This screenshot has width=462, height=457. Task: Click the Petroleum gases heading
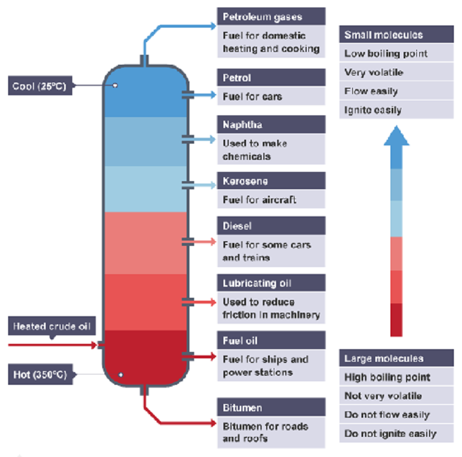click(271, 16)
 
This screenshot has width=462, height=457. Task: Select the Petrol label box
click(271, 78)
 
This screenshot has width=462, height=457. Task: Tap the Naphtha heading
click(271, 125)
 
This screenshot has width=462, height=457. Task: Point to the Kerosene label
click(271, 181)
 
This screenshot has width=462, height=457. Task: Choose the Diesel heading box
click(271, 226)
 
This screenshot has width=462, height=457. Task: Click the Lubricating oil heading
click(271, 283)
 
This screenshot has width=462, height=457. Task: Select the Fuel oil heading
click(271, 340)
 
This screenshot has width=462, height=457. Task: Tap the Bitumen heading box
click(271, 408)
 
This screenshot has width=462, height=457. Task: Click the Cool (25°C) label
click(40, 87)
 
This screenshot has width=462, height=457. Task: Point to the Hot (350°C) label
click(40, 375)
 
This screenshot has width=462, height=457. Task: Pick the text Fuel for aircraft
click(259, 200)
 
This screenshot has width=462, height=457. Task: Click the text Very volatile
click(374, 73)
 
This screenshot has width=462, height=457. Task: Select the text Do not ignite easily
click(390, 433)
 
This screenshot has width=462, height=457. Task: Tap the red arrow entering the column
click(52, 345)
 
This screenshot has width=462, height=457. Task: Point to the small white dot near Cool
click(115, 85)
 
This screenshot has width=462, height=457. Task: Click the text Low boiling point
click(386, 54)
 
